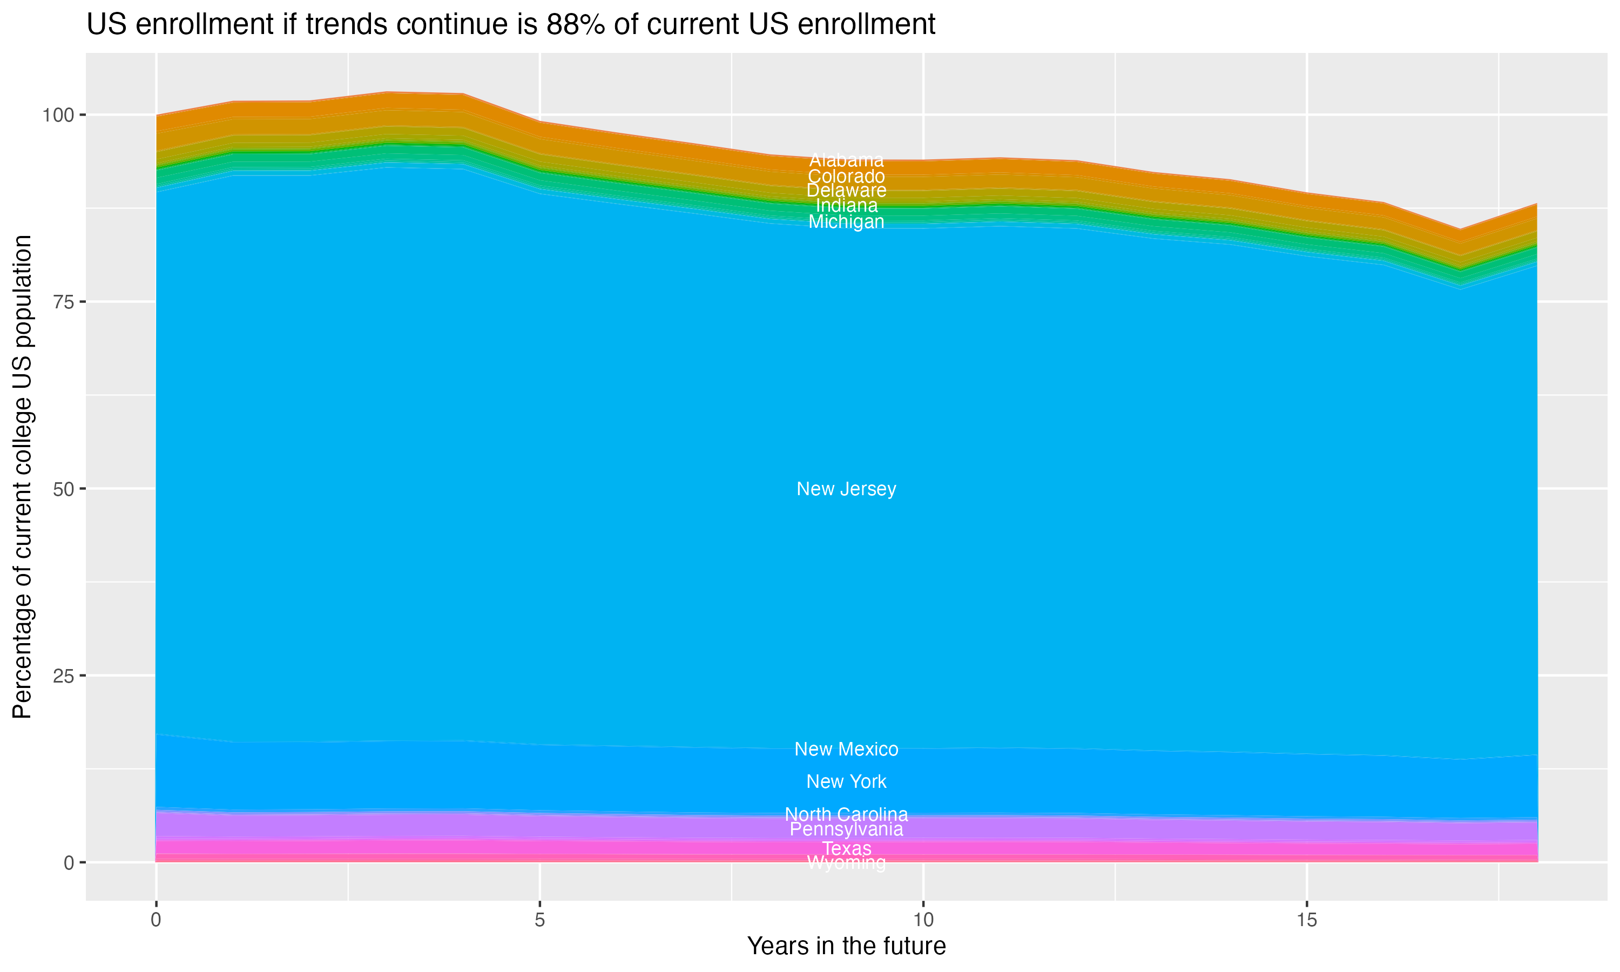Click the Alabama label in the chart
(846, 160)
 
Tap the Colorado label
(846, 176)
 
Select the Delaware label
(846, 191)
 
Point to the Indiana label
(846, 206)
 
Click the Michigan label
(846, 222)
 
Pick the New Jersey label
(846, 489)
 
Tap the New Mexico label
(846, 750)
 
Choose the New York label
(846, 781)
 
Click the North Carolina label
(846, 814)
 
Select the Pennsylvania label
(846, 829)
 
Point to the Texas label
(846, 848)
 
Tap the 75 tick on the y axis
(63, 302)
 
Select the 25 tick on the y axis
(63, 676)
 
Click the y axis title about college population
(22, 477)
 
